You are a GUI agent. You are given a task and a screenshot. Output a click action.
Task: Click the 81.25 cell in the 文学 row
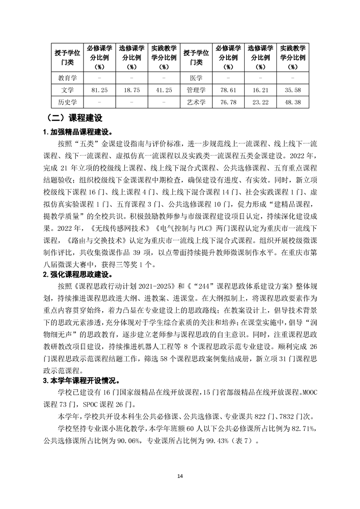[99, 90]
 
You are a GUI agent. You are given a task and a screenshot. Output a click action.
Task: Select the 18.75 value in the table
[132, 90]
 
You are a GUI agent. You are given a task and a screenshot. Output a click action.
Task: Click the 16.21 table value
[261, 90]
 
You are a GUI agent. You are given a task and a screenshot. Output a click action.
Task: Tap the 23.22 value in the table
[261, 103]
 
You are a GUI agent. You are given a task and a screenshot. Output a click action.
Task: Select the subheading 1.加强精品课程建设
[77, 132]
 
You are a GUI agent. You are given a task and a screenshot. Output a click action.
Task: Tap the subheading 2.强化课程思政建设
[77, 274]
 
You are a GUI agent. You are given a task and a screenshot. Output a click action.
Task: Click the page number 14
[180, 476]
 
